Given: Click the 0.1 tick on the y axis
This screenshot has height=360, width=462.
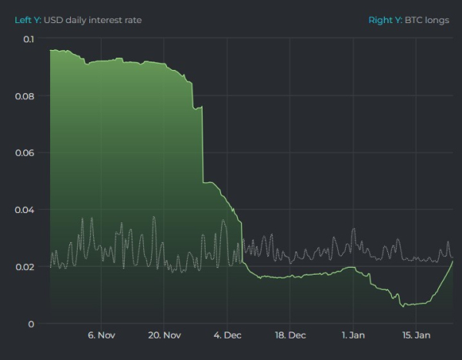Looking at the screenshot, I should [28, 38].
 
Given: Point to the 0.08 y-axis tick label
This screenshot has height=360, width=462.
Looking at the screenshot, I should [25, 96].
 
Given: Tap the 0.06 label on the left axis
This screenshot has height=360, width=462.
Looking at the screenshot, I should [25, 153].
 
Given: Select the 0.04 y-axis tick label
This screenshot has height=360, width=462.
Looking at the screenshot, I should [25, 210].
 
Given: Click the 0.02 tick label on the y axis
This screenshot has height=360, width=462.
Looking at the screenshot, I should [25, 267].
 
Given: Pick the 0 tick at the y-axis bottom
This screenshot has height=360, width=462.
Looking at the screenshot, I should [32, 324].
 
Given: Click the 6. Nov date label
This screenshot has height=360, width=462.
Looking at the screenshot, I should [101, 335].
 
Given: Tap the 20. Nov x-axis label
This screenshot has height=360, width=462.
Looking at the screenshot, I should [164, 335].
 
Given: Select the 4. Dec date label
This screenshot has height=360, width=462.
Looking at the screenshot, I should [227, 335].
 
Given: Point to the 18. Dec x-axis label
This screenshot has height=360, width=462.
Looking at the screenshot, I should [290, 335].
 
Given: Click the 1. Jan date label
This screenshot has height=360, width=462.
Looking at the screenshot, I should [353, 335].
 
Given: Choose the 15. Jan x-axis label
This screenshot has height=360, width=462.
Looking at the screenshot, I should [417, 335].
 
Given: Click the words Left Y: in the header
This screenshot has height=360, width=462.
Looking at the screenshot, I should [28, 19].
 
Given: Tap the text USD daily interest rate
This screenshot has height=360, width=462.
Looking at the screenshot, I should [92, 19].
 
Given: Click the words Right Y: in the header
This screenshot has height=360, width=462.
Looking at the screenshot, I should [384, 19].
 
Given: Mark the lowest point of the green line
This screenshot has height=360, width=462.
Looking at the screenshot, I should [403, 305].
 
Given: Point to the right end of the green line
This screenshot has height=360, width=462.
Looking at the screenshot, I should [453, 262].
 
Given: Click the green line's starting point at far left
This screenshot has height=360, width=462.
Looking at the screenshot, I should [50, 50].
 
